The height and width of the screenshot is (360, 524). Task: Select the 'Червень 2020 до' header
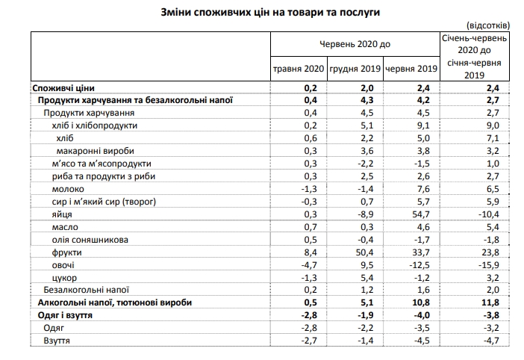coord(355,45)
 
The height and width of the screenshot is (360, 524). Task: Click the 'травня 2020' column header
coord(297,69)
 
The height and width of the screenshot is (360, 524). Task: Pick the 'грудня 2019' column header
coord(354,69)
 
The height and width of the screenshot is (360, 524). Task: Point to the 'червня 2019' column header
coord(409,69)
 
